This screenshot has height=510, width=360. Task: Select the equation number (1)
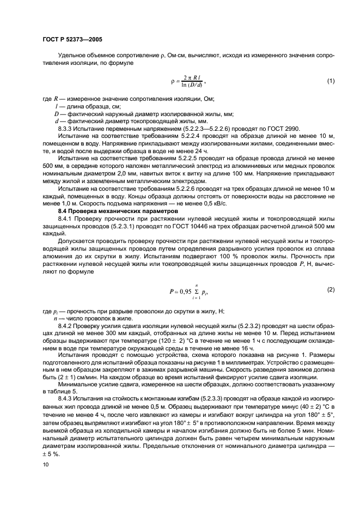330,81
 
